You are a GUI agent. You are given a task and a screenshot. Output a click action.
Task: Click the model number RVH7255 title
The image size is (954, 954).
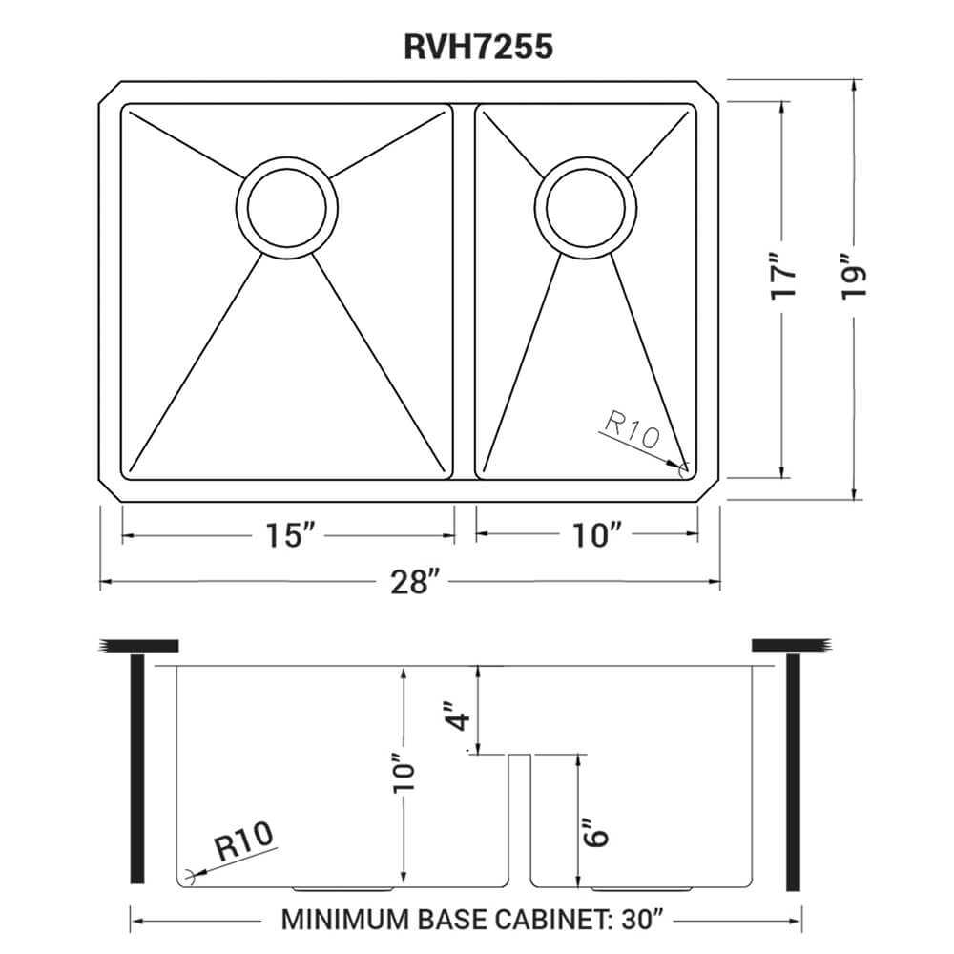tap(476, 46)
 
